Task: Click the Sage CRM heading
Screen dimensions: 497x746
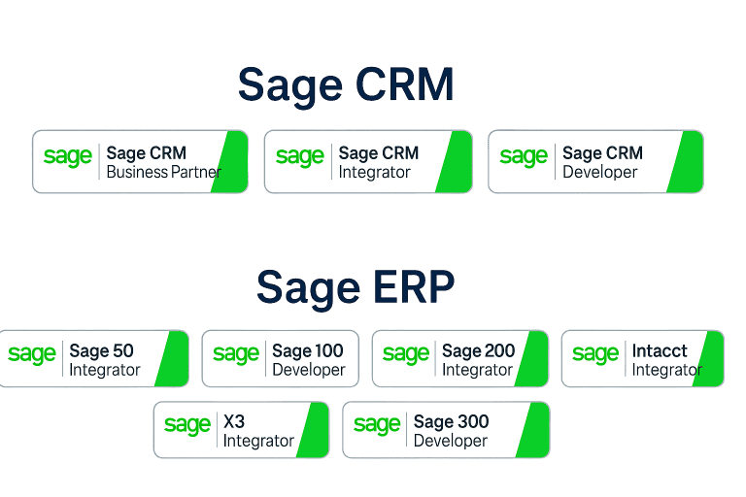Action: (346, 85)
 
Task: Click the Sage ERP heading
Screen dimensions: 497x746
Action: (356, 286)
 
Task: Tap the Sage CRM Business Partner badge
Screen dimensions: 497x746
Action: (140, 162)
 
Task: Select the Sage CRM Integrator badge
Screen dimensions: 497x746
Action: (368, 162)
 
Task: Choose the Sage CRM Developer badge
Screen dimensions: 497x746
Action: (595, 162)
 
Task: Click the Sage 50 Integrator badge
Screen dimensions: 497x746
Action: (93, 359)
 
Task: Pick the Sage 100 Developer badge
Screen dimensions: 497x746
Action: (280, 359)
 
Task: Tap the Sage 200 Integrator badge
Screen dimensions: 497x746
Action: (459, 359)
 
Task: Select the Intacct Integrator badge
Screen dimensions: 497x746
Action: (643, 359)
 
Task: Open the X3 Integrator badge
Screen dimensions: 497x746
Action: (241, 430)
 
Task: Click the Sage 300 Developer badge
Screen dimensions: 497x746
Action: (446, 430)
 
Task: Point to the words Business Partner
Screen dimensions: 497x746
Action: (163, 173)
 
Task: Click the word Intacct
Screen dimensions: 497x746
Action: (660, 350)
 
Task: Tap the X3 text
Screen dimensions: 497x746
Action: (234, 422)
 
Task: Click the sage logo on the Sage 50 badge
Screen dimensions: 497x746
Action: (32, 355)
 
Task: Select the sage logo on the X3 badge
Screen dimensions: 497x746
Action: (186, 425)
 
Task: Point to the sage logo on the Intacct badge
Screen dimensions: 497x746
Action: (595, 355)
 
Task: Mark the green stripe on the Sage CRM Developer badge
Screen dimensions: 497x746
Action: (685, 162)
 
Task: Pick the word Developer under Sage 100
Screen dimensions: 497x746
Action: (308, 370)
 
